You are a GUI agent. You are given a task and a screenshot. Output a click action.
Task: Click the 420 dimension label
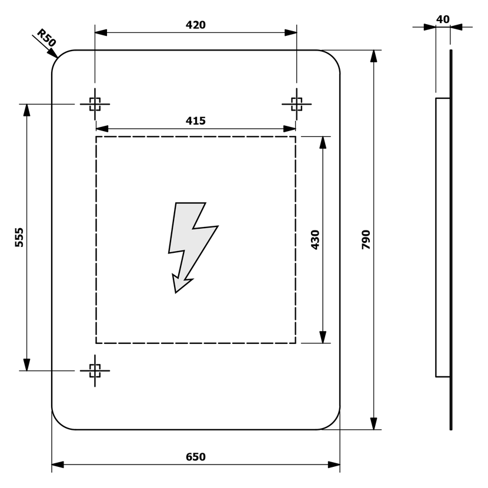pyautogui.click(x=195, y=25)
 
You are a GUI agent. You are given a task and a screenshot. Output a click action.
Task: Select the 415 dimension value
pyautogui.click(x=195, y=121)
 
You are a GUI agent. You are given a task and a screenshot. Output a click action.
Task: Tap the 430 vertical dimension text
pyautogui.click(x=315, y=240)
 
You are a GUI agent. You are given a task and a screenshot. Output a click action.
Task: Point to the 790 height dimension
pyautogui.click(x=365, y=240)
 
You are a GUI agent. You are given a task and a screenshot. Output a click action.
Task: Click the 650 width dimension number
pyautogui.click(x=195, y=457)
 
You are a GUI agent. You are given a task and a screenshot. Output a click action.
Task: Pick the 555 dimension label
pyautogui.click(x=19, y=237)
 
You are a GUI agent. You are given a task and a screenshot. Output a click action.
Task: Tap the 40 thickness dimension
pyautogui.click(x=443, y=19)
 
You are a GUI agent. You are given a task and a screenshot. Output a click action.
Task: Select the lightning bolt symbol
pyautogui.click(x=189, y=244)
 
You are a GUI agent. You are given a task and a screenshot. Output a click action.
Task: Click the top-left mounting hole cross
pyautogui.click(x=95, y=104)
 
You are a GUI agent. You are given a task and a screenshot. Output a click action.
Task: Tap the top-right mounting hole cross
pyautogui.click(x=297, y=104)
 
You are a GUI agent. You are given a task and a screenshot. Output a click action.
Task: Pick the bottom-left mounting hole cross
pyautogui.click(x=95, y=370)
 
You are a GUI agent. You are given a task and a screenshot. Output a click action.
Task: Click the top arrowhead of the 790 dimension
pyautogui.click(x=373, y=56)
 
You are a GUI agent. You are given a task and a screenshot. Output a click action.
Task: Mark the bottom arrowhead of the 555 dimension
pyautogui.click(x=26, y=365)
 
